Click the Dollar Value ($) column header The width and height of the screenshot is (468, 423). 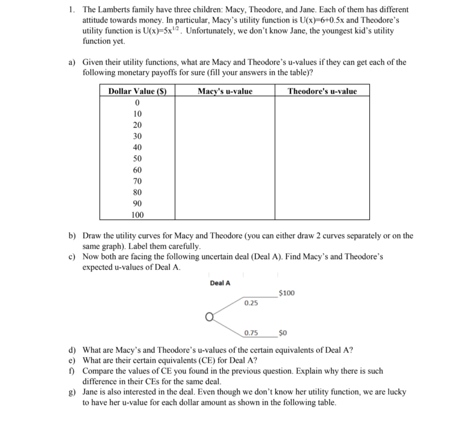click(137, 91)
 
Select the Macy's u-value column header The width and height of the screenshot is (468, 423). click(225, 91)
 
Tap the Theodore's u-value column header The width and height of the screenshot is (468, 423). click(322, 91)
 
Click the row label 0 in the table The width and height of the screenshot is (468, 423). click(137, 103)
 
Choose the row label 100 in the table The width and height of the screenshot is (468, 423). click(137, 215)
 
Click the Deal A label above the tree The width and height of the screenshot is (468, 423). click(220, 283)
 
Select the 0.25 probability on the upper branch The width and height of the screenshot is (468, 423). click(251, 303)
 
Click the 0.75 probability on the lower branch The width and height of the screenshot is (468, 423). click(251, 333)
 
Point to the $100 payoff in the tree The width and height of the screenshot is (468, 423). click(287, 293)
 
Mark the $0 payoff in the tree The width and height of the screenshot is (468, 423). click(283, 333)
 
